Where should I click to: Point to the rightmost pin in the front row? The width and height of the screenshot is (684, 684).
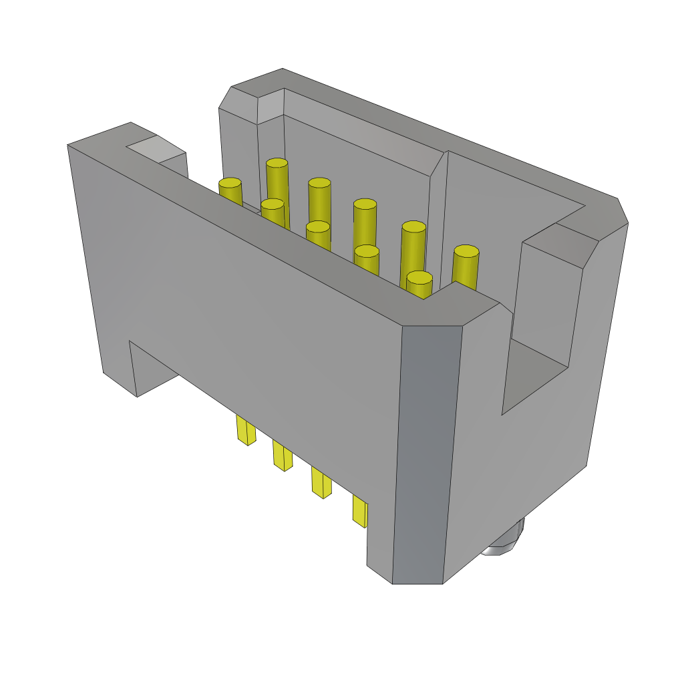419,284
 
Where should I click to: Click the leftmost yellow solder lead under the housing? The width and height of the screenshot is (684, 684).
246,430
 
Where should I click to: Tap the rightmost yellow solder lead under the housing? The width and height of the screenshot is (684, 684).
359,512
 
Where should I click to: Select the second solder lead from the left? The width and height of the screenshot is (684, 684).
283,456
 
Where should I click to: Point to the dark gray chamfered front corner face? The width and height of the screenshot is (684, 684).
427,454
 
